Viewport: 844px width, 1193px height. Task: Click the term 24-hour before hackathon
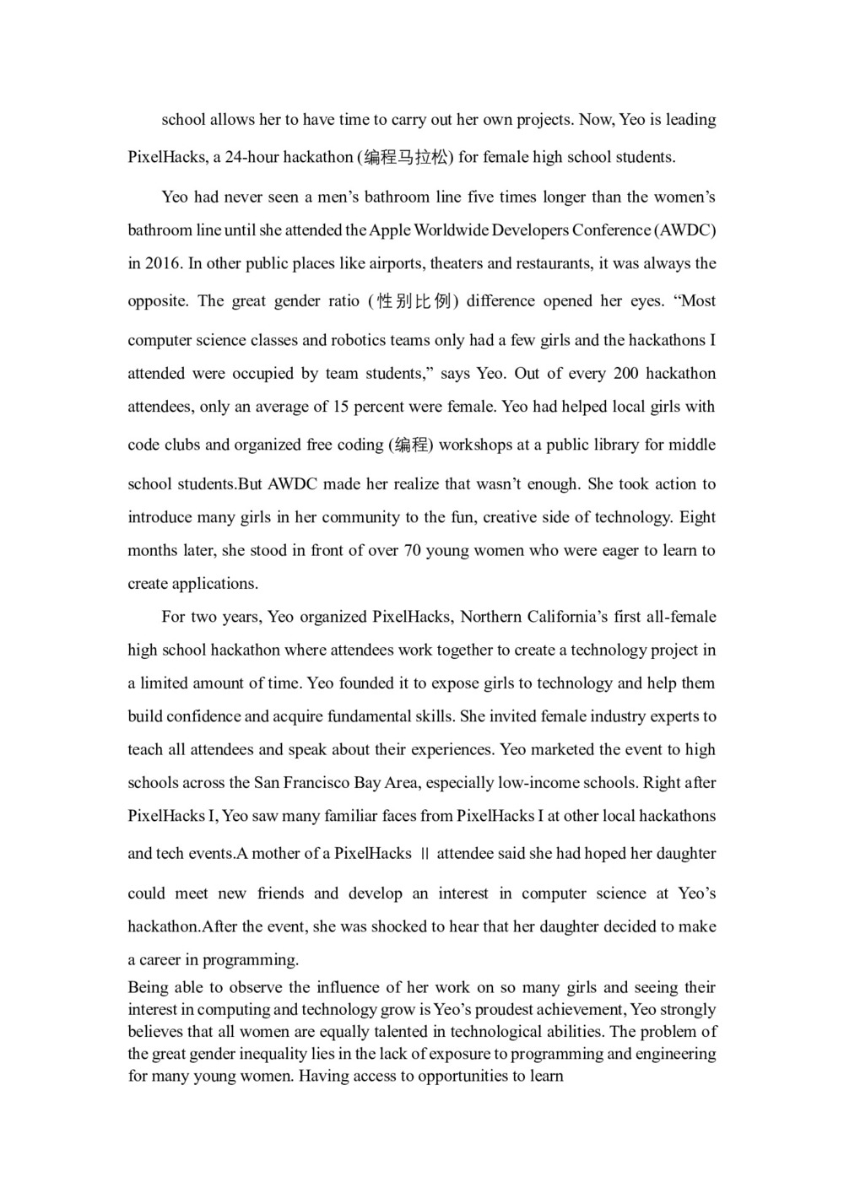tap(252, 157)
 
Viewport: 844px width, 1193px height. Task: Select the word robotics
tap(358, 341)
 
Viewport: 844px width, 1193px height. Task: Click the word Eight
tap(697, 517)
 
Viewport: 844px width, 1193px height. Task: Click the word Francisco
tap(315, 783)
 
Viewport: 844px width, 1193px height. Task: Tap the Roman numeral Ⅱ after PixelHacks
tap(425, 854)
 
